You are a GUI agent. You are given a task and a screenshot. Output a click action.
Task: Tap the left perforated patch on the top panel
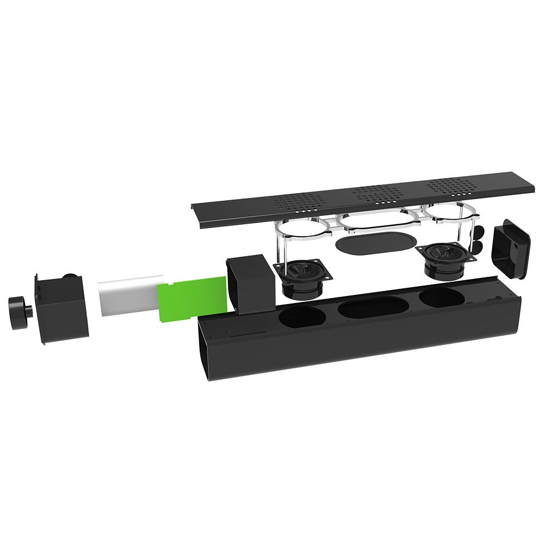(298, 202)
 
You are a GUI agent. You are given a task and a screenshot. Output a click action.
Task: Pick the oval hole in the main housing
(370, 306)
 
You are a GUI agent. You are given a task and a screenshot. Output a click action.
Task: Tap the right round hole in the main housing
(441, 296)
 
